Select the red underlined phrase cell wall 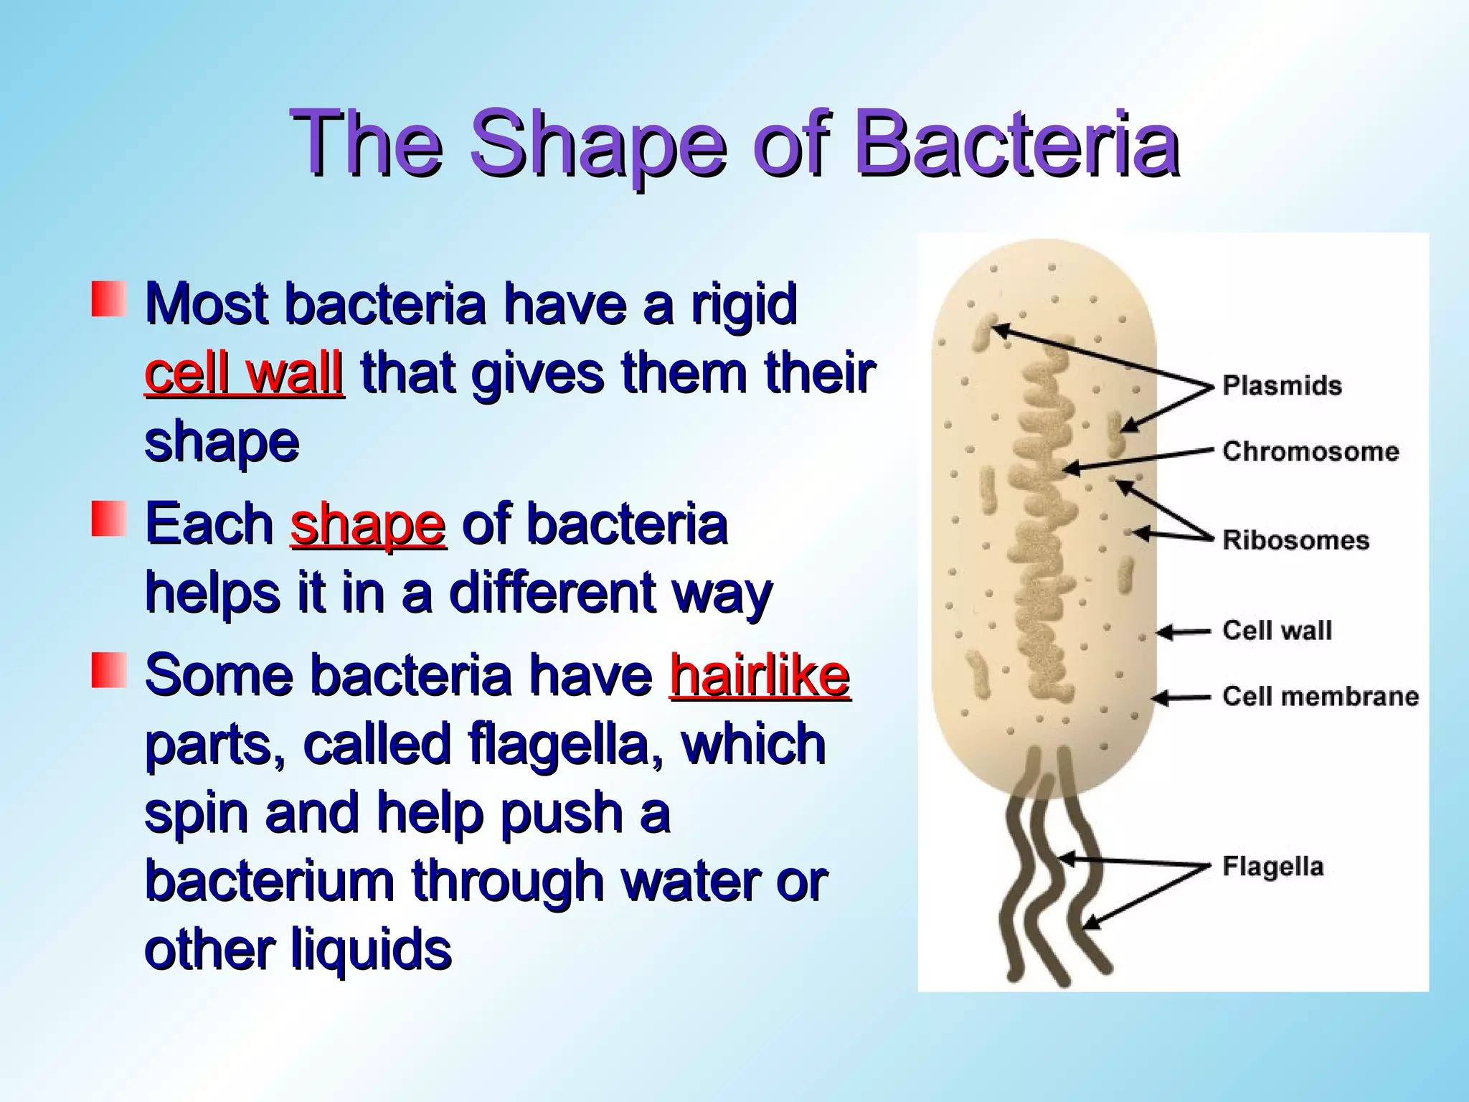coord(244,373)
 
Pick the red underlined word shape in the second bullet coord(368,524)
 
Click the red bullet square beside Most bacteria coord(109,299)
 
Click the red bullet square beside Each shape coord(109,519)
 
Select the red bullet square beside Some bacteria coord(109,670)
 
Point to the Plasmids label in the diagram coord(1282,385)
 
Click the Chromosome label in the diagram coord(1310,451)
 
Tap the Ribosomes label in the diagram coord(1295,540)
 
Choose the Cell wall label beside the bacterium coord(1277,630)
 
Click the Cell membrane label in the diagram coord(1320,696)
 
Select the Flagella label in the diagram coord(1272,866)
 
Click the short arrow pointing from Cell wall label coord(1184,632)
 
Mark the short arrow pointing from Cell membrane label coord(1181,697)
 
